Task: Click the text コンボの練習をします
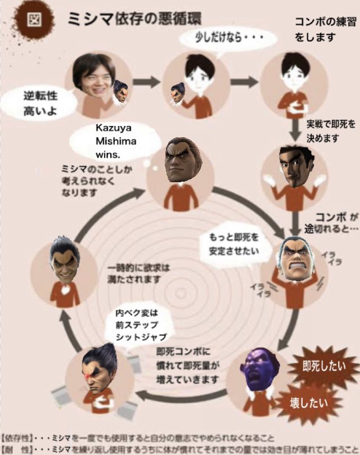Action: pos(318,29)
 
